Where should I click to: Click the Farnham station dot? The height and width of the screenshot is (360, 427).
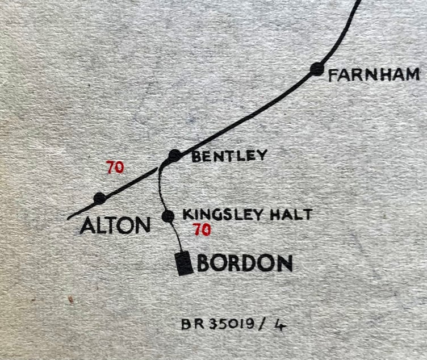[317, 69]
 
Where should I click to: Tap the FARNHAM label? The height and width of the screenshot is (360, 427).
[374, 74]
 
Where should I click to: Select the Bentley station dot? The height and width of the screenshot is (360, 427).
[175, 155]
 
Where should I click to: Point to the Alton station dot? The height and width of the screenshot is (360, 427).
[99, 198]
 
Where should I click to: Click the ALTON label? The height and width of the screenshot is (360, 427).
[115, 225]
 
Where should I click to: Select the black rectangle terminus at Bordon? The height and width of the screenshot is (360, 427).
[183, 263]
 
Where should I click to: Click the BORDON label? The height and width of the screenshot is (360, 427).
[245, 263]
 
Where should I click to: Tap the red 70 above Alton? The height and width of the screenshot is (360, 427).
[115, 168]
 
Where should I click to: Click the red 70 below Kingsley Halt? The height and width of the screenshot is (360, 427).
[202, 230]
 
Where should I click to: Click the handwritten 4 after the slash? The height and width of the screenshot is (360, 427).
[280, 324]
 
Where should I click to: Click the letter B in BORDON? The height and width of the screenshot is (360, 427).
[204, 263]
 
